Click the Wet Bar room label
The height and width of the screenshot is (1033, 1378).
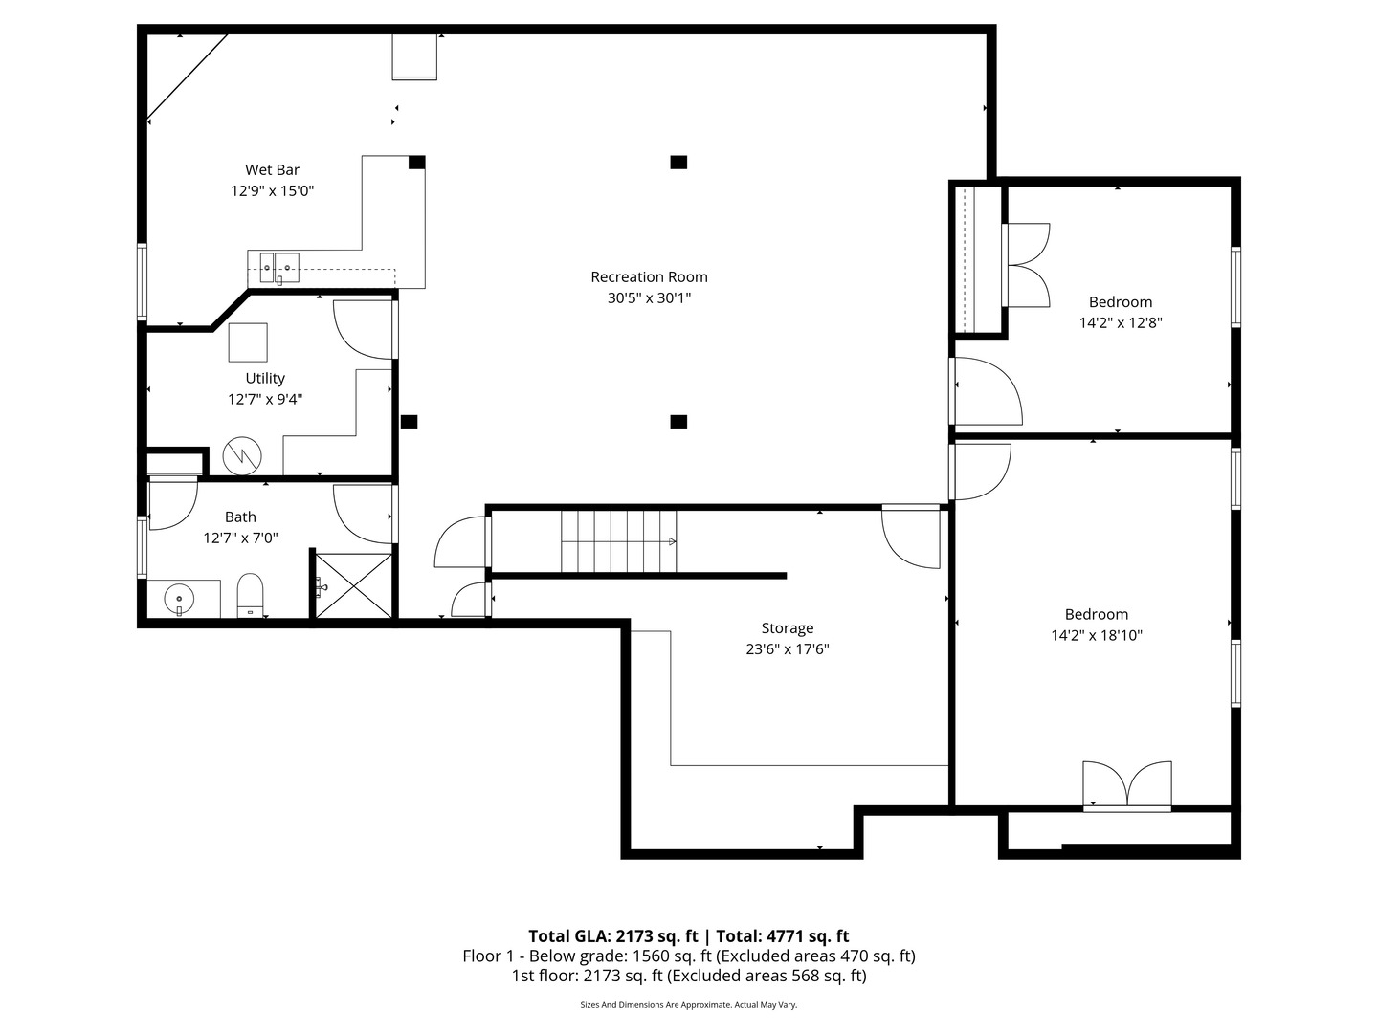(x=272, y=170)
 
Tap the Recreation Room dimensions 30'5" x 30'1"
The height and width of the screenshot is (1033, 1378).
(x=649, y=297)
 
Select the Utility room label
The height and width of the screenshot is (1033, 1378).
(x=265, y=378)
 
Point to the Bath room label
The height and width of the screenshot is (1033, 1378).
(x=240, y=516)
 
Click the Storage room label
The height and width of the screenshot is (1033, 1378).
(x=788, y=627)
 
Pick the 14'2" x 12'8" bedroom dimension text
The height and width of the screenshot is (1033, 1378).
(x=1121, y=323)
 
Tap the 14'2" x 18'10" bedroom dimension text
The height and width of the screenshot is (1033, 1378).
(x=1097, y=635)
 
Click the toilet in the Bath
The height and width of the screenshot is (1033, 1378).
(x=250, y=595)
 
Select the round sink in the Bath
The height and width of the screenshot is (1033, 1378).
(x=179, y=599)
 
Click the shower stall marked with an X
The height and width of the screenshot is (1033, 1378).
(x=353, y=585)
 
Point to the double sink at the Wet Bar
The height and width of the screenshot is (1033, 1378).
(x=279, y=268)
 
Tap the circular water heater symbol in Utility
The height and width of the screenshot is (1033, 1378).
(x=242, y=456)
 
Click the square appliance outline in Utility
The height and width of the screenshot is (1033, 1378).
(x=248, y=342)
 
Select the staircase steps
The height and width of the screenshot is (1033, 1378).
(x=619, y=541)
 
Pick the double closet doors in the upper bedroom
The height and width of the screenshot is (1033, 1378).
(x=1026, y=265)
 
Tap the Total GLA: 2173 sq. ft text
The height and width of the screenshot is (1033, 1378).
(x=612, y=935)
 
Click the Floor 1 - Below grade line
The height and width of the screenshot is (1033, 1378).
(x=689, y=956)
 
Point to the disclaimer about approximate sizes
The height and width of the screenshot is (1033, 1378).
(x=689, y=1004)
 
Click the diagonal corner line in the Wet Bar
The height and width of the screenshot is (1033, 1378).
(x=187, y=77)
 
